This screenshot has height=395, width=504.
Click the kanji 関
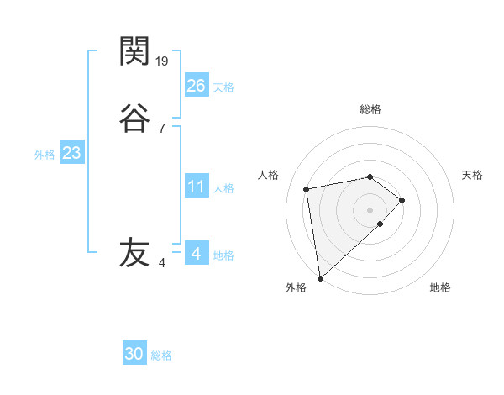134,51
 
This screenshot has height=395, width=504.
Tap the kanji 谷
134,118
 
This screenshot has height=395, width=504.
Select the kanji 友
134,252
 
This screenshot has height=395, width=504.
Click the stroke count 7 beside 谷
161,129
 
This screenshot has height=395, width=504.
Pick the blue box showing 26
196,86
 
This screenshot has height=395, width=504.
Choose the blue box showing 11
196,187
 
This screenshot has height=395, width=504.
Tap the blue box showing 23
71,154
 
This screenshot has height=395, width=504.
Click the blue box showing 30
134,354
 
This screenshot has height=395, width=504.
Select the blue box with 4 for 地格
196,254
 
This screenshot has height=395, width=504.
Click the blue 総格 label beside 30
161,355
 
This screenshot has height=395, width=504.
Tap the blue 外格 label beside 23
45,155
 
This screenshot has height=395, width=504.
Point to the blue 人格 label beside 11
224,188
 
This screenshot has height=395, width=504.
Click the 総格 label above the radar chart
370,109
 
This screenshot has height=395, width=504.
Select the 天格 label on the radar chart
472,175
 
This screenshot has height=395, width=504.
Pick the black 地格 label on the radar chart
440,288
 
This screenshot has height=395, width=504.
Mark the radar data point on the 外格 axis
319,277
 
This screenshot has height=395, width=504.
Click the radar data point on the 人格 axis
307,188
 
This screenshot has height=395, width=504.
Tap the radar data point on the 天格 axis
402,200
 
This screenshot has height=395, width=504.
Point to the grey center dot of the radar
370,209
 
